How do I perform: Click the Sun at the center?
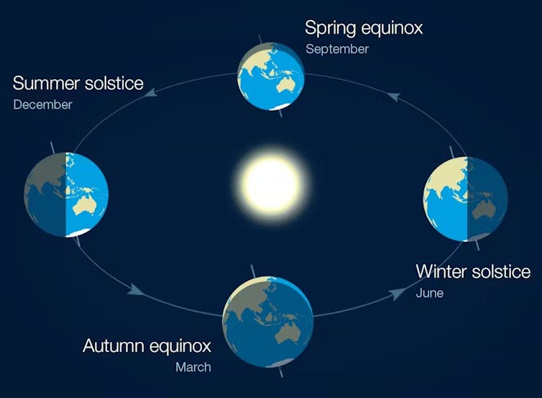point(271,183)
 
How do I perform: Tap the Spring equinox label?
point(364,28)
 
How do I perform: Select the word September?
point(337,49)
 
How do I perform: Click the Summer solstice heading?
point(78,83)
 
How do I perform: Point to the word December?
point(42,104)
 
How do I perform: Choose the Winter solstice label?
point(473,272)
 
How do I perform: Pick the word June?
point(429,293)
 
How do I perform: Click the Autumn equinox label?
point(147,345)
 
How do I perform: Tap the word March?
point(193,367)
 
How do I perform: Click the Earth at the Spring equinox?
point(270,75)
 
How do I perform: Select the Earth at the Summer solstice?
point(66,195)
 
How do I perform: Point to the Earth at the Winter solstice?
point(466,199)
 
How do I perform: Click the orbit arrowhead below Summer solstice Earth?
point(134,289)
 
